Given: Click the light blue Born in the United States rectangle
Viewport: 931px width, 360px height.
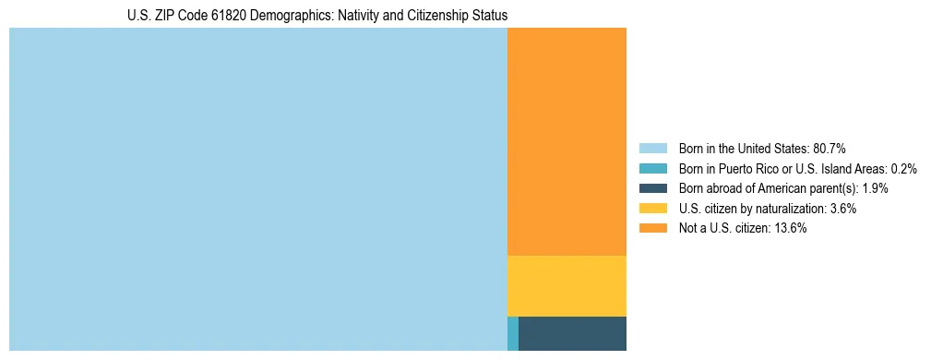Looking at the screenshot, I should coord(258,189).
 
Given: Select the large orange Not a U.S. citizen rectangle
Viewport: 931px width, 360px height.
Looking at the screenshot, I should coord(567,141).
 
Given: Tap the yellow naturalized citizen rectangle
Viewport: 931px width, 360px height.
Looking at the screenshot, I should coord(567,286).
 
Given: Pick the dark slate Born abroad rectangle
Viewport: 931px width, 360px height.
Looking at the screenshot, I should coord(572,333).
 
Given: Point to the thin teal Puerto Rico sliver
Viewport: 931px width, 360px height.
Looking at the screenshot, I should coord(513,333).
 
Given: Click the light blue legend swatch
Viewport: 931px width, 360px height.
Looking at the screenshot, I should coord(652,149).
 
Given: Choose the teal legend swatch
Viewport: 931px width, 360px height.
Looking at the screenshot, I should coord(652,169).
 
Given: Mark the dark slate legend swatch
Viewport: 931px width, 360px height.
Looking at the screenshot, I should coord(652,188).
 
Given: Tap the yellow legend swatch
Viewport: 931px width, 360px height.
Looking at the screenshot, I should coord(652,209).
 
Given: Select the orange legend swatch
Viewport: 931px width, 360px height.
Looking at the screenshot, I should coord(652,228).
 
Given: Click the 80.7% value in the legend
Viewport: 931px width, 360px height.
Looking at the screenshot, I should coord(830,149).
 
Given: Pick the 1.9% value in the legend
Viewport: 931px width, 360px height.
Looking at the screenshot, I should coord(876,188).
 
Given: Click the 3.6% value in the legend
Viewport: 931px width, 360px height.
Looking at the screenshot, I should coord(842,209).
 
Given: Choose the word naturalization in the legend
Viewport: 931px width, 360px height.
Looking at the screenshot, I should coord(789,209).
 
